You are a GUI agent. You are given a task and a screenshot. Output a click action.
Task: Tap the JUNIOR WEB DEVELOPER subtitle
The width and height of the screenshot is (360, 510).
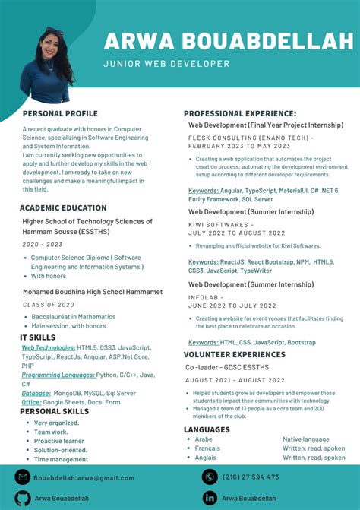(x=166, y=64)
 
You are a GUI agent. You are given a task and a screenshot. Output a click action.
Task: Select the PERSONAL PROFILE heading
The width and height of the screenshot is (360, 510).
(x=60, y=113)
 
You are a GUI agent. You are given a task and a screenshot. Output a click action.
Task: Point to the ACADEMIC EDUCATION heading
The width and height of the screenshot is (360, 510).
(x=63, y=207)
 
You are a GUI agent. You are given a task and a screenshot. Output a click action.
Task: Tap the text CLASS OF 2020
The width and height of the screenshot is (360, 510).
(x=48, y=304)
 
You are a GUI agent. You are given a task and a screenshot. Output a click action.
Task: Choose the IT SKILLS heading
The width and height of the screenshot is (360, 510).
(x=37, y=337)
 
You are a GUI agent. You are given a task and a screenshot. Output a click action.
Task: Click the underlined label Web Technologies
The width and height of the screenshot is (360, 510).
(x=48, y=347)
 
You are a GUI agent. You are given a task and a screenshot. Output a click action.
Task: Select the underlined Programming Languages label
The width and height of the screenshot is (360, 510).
(x=58, y=375)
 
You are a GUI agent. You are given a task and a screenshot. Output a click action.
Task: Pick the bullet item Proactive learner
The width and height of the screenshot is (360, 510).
(x=59, y=441)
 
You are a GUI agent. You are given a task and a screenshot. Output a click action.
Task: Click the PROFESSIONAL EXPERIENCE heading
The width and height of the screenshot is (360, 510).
(x=240, y=113)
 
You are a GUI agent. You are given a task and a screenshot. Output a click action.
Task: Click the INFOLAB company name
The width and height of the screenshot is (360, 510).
(x=204, y=296)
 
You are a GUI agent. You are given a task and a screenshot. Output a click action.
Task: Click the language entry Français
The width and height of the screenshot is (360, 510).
(x=207, y=448)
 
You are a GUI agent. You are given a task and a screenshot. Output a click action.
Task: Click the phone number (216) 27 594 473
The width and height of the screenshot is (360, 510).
(x=251, y=477)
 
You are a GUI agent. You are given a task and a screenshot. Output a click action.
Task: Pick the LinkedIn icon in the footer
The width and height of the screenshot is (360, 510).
(x=209, y=498)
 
